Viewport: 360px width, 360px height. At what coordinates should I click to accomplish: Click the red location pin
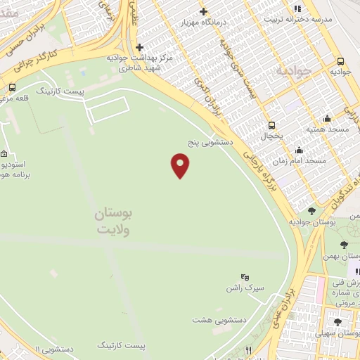coord(181,165)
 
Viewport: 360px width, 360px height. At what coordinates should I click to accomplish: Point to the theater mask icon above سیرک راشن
coord(245,278)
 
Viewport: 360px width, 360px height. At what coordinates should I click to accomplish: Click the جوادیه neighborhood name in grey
coord(292,71)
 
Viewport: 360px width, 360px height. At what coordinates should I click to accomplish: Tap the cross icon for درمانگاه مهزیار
coord(204,11)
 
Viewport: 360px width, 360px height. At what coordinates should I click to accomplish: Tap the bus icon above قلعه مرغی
coord(13,88)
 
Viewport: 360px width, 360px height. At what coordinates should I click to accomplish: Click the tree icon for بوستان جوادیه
coord(311,211)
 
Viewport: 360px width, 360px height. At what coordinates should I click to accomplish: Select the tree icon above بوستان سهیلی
coord(337,322)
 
